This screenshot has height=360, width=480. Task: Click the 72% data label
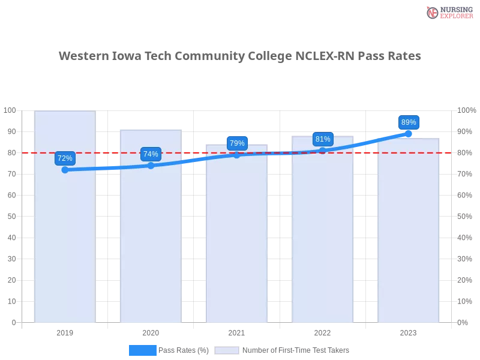(x=65, y=158)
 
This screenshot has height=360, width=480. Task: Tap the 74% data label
(x=151, y=154)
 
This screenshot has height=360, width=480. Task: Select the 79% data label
(x=237, y=143)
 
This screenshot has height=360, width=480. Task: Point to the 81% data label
(x=323, y=139)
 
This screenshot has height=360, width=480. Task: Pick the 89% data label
(x=409, y=122)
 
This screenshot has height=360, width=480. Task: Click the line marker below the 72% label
(x=65, y=170)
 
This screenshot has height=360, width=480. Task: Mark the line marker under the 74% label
(x=151, y=166)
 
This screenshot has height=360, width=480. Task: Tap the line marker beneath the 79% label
(x=237, y=155)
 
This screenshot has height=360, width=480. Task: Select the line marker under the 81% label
(x=323, y=151)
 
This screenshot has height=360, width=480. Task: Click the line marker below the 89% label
(x=409, y=134)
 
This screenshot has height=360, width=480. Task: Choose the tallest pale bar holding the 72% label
(x=65, y=240)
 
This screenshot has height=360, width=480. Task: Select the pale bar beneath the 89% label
(x=409, y=240)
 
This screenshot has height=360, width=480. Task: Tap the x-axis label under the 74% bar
(x=151, y=331)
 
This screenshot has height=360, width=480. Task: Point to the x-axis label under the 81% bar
(x=323, y=331)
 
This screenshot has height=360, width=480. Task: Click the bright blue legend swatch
(x=143, y=350)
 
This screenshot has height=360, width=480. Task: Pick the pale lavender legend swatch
(x=227, y=350)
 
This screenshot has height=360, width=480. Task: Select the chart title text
(x=240, y=56)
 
